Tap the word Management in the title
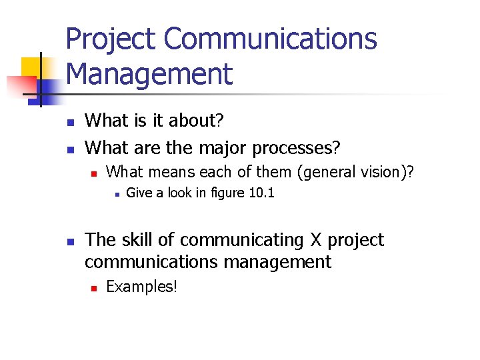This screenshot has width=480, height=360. point(149,74)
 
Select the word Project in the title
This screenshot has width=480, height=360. point(111,39)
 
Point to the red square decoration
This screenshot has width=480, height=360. point(20,86)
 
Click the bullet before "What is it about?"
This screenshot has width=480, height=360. point(70,121)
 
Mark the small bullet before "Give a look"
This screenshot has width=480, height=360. point(116,195)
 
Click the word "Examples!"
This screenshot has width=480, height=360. point(141,287)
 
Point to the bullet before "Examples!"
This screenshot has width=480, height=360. point(94,288)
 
